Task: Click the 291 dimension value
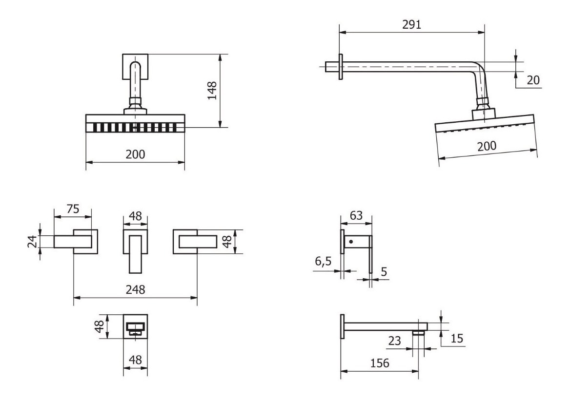(x=411, y=24)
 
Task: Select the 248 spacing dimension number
(x=135, y=290)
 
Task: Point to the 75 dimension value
(x=73, y=209)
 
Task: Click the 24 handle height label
(x=33, y=242)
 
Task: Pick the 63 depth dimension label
(x=356, y=216)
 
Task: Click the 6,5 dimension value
(x=323, y=262)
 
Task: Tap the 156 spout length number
(x=380, y=363)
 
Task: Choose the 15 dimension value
(x=457, y=339)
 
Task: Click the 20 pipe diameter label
(x=533, y=80)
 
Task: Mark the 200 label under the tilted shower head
(x=487, y=146)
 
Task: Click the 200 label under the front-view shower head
(x=135, y=154)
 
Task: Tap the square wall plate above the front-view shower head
(x=135, y=66)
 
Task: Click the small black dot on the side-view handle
(x=351, y=242)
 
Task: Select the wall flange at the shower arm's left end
(x=341, y=67)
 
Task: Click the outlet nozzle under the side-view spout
(x=419, y=333)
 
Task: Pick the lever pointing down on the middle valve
(x=135, y=254)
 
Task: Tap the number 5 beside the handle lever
(x=384, y=271)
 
